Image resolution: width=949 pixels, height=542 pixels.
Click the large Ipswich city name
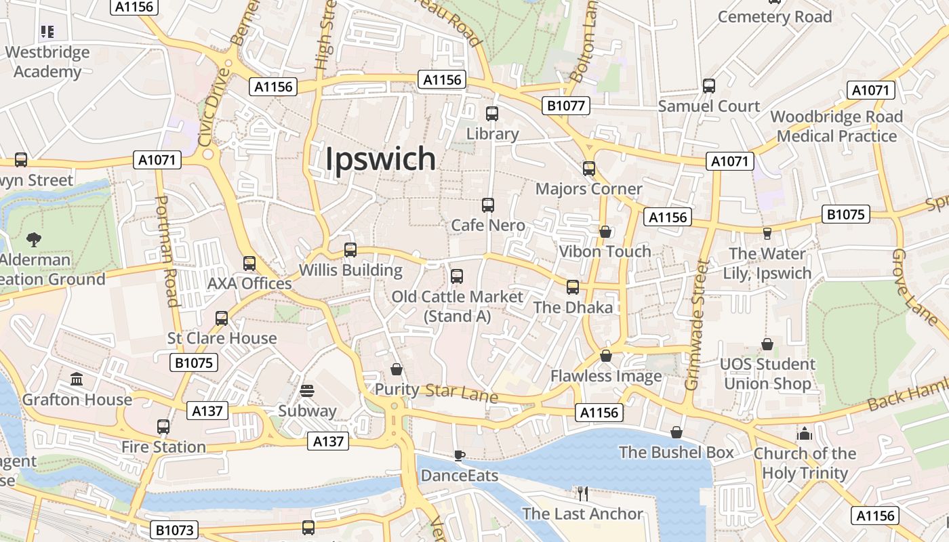point(380,159)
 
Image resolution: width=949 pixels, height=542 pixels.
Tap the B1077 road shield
point(566,105)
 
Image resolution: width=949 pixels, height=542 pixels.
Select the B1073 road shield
point(173,530)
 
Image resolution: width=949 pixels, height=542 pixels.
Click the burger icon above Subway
point(307,391)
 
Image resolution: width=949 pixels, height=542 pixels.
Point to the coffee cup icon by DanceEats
point(460,455)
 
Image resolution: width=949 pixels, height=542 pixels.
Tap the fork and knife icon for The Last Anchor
point(582,493)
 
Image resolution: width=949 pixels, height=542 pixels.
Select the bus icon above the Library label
point(492,114)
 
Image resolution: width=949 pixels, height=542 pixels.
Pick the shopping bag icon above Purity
point(397,369)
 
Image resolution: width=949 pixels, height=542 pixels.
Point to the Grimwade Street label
point(697,325)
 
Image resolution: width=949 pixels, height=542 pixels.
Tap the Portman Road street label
point(166,251)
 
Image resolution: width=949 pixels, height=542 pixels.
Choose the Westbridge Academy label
point(47,62)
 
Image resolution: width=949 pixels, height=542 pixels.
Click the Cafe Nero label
point(487,225)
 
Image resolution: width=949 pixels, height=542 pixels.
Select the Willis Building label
point(350,270)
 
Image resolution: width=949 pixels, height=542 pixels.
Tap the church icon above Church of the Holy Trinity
point(804,433)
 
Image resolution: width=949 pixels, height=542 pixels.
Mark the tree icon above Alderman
point(33,239)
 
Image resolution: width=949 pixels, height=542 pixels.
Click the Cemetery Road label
point(775,17)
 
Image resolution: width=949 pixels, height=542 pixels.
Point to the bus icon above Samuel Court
point(709,86)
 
